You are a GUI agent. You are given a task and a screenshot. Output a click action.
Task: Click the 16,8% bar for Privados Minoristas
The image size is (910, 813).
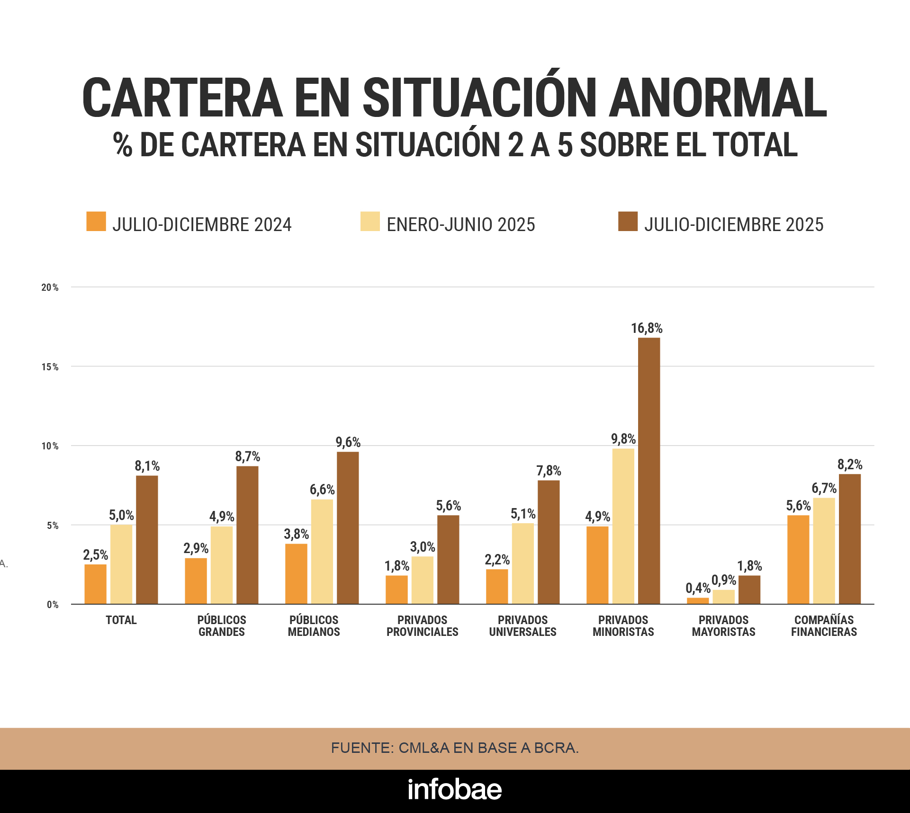coord(649,471)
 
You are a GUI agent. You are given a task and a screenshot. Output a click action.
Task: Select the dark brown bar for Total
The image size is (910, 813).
coord(147,540)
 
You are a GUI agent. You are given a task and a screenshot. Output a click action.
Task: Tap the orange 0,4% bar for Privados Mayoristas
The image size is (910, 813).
coord(698,600)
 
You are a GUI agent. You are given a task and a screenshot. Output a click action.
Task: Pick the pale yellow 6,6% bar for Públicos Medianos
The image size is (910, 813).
coord(322,552)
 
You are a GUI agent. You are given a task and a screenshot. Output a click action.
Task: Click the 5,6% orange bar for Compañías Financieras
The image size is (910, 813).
coord(798,559)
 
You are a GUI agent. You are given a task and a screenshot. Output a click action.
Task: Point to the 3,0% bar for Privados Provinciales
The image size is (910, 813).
coord(422,580)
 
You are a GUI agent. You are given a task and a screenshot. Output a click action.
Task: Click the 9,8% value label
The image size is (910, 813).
coord(623,439)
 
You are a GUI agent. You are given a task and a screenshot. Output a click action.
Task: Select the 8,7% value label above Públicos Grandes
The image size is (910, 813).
coord(248,456)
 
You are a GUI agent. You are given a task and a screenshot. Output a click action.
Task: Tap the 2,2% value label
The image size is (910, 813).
coord(497,560)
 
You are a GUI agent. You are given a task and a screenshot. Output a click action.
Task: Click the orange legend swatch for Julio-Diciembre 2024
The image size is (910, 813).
coord(96,222)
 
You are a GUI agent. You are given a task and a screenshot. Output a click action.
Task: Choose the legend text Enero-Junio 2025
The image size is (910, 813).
coord(460,224)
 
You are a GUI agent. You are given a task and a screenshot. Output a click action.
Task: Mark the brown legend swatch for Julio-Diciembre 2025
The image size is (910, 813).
coord(628,222)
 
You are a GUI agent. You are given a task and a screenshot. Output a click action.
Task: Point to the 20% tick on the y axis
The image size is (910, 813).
coord(50,287)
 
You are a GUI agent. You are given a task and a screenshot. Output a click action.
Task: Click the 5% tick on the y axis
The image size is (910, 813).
coord(52,526)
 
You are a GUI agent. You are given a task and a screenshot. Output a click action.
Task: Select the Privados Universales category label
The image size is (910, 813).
coord(523,625)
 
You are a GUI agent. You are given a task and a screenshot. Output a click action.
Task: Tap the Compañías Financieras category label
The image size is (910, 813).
coord(824,625)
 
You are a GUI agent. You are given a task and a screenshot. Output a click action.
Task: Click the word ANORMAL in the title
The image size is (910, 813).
coord(717,98)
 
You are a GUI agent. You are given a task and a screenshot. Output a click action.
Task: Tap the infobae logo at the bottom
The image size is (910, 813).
coord(455,789)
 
